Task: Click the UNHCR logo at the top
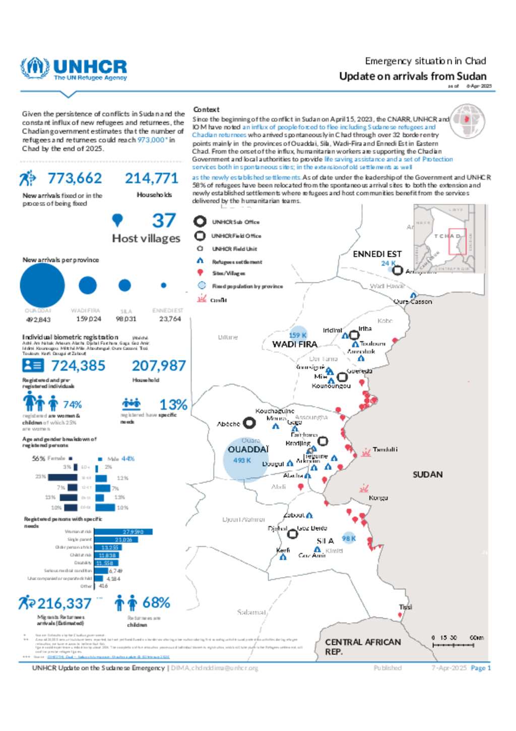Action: (x=74, y=69)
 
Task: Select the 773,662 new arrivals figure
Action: (x=75, y=178)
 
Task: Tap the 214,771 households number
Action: (x=152, y=178)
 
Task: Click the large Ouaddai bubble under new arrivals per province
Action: (x=42, y=285)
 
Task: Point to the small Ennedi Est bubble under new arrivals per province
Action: (x=163, y=285)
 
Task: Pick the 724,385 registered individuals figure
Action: (x=79, y=365)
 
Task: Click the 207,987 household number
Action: (x=159, y=365)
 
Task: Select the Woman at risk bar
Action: (x=123, y=532)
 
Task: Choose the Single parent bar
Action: (x=116, y=540)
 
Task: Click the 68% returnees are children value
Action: (x=156, y=602)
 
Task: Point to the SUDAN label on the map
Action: (x=427, y=474)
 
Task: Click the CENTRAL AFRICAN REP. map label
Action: (x=363, y=647)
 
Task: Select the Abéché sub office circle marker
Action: (x=249, y=423)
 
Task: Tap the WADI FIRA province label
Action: (x=295, y=344)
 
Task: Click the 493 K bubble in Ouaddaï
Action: (x=246, y=460)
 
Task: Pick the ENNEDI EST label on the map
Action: (x=377, y=254)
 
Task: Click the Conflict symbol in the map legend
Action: (x=202, y=299)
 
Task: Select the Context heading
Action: (x=206, y=109)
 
